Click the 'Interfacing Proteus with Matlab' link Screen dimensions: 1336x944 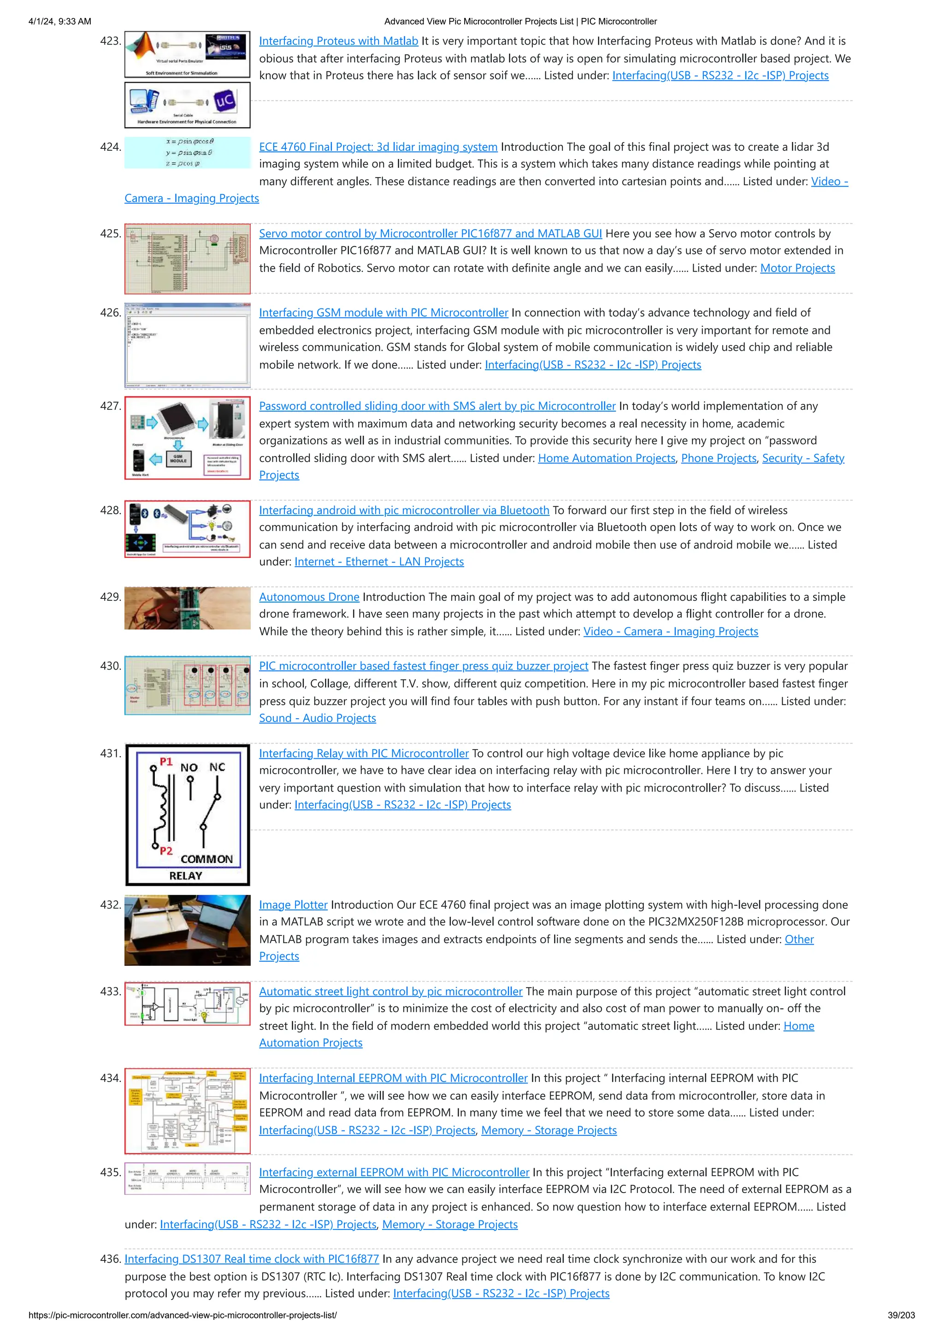coord(338,41)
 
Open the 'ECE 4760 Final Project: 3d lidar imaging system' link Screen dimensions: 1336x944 coord(378,147)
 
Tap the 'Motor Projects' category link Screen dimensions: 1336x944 coord(797,268)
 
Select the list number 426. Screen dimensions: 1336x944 coord(110,313)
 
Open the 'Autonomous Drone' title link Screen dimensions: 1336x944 coord(309,597)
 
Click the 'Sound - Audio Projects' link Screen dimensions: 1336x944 coord(317,718)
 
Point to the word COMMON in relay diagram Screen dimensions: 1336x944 coord(206,859)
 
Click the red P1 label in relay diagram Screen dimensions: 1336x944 coord(166,761)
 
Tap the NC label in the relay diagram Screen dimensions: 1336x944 coord(217,767)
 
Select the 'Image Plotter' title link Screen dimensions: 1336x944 coord(293,905)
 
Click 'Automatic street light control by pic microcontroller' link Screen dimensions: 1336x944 coord(390,991)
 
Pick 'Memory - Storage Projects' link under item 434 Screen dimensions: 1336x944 coord(549,1130)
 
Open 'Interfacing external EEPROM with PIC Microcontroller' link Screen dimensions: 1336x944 coord(394,1172)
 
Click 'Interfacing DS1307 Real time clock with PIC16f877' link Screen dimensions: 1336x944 coord(251,1259)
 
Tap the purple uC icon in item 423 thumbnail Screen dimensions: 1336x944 coord(224,100)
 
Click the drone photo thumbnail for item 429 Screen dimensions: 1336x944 coord(187,608)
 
